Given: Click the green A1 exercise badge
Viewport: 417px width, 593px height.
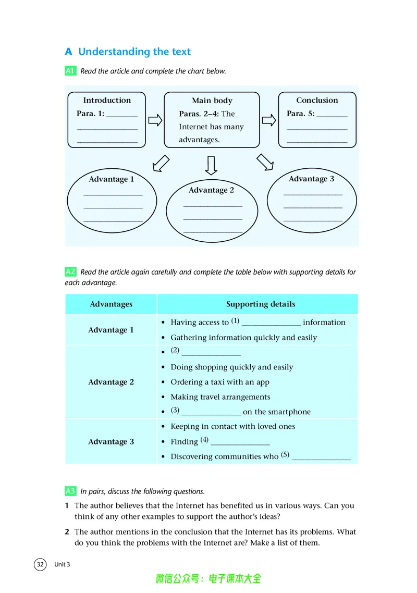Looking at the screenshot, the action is [x=70, y=71].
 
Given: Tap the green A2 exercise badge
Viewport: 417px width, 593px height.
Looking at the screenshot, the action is [x=70, y=271].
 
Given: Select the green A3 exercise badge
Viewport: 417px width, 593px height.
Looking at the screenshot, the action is [x=70, y=491].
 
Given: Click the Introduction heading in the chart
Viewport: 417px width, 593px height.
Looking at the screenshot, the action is [x=107, y=100].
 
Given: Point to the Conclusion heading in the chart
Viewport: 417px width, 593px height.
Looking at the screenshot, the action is [x=317, y=100].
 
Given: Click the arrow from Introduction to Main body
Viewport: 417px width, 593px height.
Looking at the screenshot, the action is [x=155, y=120].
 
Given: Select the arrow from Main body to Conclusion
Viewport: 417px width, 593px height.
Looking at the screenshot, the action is [x=269, y=120].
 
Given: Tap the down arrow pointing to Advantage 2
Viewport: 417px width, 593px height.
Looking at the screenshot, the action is [x=211, y=165].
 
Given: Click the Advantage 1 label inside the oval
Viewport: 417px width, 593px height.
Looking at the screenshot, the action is [x=112, y=179].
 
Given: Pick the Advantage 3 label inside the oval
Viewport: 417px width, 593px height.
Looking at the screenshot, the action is [x=311, y=179].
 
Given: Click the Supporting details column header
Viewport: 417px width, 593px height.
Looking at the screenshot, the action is [x=261, y=304].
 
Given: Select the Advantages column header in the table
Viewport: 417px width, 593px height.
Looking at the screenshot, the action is [x=111, y=304].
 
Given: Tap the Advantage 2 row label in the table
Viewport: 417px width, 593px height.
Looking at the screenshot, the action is [x=111, y=382].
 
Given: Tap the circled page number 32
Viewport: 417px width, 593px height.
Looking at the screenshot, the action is [x=40, y=564].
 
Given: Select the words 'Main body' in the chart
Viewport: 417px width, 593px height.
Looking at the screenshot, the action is [x=212, y=101].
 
